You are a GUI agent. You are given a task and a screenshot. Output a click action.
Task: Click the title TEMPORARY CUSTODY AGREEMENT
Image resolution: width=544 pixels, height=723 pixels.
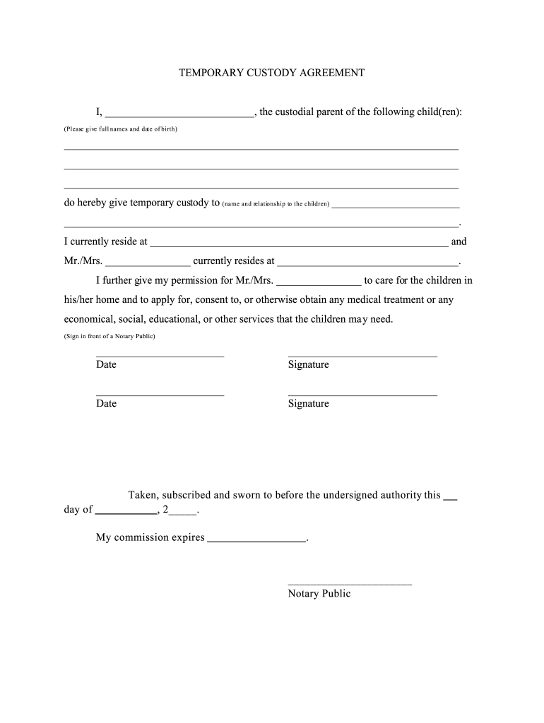click(x=271, y=73)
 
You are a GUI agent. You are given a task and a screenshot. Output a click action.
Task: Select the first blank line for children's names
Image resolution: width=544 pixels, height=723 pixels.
click(x=261, y=148)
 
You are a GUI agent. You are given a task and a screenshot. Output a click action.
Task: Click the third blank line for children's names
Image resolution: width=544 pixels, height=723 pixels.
click(x=261, y=186)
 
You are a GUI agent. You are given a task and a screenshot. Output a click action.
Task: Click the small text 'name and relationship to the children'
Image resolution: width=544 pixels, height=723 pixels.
click(x=276, y=204)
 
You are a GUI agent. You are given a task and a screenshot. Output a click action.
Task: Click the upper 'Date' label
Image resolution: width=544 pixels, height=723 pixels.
click(x=106, y=365)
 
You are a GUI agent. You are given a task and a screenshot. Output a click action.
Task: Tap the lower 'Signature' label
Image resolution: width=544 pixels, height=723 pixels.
click(x=308, y=404)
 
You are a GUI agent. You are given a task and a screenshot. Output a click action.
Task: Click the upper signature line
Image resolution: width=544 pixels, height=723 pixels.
click(x=362, y=355)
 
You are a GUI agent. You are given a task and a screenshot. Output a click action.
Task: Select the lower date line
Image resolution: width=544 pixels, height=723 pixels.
click(x=160, y=394)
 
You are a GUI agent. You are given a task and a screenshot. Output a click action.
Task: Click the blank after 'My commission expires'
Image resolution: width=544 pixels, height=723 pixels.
click(x=257, y=539)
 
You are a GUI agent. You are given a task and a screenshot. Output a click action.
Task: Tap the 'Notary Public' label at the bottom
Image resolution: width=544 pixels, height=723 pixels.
click(x=319, y=594)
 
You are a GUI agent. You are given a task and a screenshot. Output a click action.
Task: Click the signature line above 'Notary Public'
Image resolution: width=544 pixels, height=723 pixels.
click(x=350, y=584)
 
